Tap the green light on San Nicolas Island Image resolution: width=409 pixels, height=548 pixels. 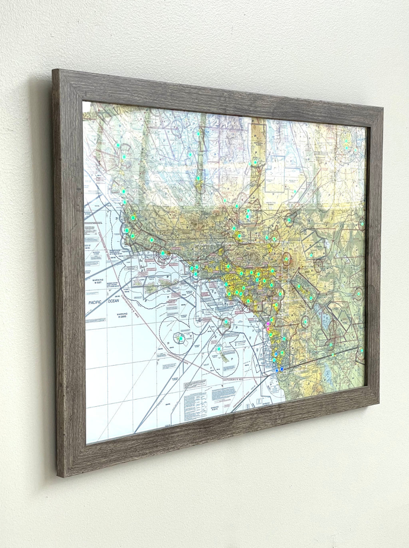click(181, 338)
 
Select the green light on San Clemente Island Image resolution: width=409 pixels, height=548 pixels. click(219, 349)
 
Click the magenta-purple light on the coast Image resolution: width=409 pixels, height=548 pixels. click(268, 324)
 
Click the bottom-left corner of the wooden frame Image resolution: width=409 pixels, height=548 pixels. click(58, 476)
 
